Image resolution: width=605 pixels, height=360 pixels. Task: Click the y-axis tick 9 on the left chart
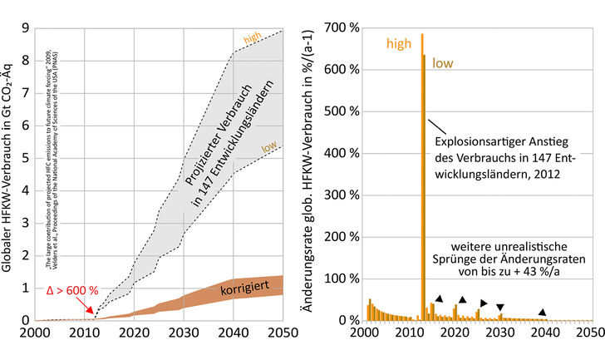click(x=27, y=27)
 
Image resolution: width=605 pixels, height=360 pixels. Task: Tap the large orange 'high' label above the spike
click(x=399, y=43)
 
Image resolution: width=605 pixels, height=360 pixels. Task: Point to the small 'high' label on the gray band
click(x=253, y=39)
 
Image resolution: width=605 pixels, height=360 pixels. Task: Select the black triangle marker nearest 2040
click(x=543, y=313)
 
